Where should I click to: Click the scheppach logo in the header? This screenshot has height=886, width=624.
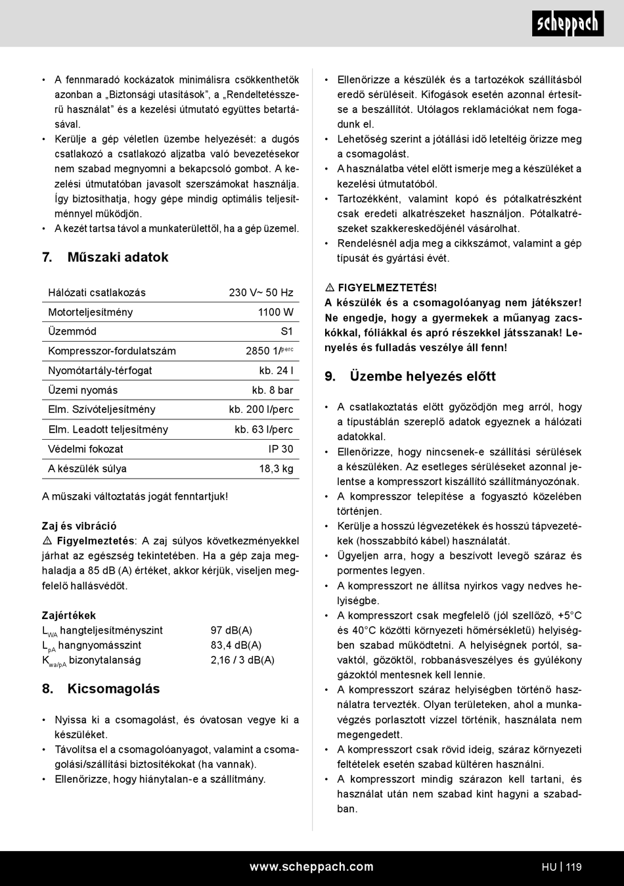coord(568,24)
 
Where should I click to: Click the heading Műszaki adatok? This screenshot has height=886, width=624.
coord(118,257)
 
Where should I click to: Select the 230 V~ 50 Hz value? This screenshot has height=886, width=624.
coord(261,292)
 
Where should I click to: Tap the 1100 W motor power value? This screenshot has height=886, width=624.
coord(275,312)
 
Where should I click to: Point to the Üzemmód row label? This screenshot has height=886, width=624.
coord(72,331)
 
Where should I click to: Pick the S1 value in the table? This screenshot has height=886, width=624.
coord(286,331)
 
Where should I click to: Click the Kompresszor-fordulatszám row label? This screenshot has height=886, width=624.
coord(112,351)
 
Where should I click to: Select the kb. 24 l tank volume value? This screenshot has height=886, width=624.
coord(276,371)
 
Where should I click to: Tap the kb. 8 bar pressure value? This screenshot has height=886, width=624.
coord(273,390)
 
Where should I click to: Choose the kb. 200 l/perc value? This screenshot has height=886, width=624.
coord(261,409)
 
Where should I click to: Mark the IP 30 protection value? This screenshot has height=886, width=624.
coord(280,449)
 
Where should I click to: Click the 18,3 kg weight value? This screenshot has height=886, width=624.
coord(276,469)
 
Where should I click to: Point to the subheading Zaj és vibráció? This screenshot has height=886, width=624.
coord(79,526)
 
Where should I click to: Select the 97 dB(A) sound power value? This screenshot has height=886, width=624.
coord(231,630)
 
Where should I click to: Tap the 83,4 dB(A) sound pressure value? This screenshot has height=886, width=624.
coord(236,645)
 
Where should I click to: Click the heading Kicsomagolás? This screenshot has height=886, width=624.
coord(113,689)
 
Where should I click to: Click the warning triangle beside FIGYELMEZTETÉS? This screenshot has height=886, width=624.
coord(330,288)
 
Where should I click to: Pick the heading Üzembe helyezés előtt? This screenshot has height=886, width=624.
coord(422,377)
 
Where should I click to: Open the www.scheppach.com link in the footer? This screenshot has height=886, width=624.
coord(311,867)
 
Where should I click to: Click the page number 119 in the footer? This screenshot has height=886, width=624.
coord(573,867)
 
